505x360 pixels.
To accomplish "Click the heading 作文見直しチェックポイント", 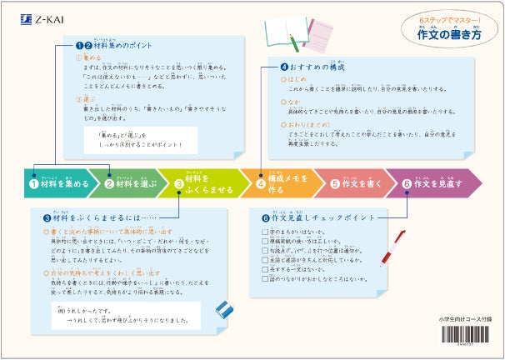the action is [315, 217].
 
